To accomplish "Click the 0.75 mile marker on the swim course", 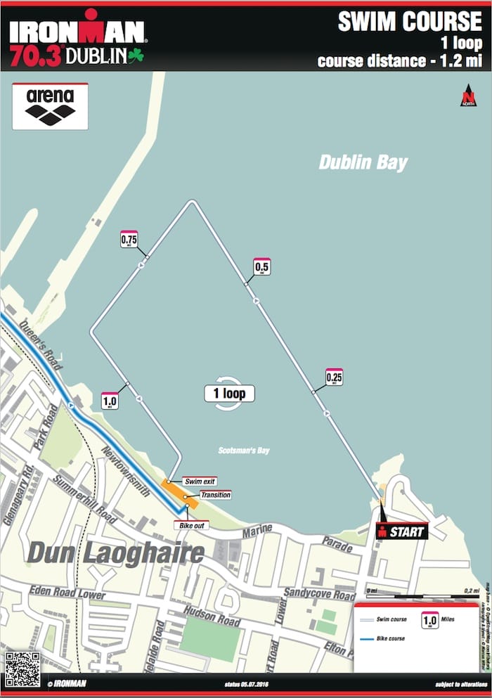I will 129,240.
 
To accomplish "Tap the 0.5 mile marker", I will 261,267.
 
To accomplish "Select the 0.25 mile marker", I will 335,377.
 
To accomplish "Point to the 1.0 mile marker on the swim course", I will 110,400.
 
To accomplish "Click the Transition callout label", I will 215,495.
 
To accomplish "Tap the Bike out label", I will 186,524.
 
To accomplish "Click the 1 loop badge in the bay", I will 229,393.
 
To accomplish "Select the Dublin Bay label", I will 363,162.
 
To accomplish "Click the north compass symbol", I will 467,96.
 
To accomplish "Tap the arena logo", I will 50,106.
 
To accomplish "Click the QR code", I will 22,668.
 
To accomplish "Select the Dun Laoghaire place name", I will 115,553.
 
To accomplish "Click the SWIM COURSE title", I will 410,22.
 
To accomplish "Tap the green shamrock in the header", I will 135,55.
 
